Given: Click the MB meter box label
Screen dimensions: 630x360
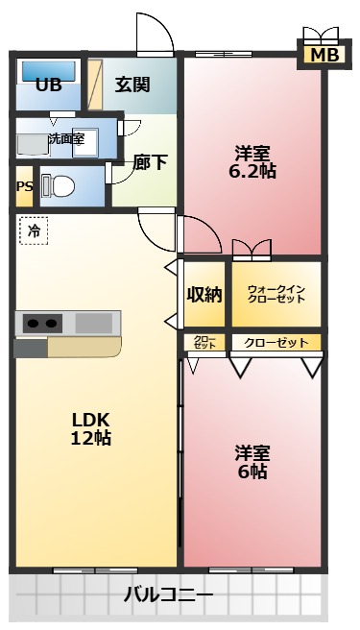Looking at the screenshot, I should [x=324, y=56].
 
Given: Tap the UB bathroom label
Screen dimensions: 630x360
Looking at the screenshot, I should [x=48, y=85].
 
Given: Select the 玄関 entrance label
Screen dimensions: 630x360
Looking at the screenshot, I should [x=132, y=85].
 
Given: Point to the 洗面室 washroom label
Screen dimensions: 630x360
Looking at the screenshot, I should [x=66, y=138].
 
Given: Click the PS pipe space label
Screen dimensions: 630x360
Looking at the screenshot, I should [x=24, y=186].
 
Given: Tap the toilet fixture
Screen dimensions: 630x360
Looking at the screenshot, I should [x=60, y=185].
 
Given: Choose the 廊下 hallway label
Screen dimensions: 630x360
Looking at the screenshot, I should [x=151, y=162].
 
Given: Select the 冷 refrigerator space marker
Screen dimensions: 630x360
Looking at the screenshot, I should [x=34, y=230].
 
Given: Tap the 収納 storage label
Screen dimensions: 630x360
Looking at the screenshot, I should [x=204, y=295].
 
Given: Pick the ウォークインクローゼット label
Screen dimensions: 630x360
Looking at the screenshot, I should [x=276, y=295].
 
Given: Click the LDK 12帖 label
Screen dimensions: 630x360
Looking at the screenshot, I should [x=90, y=429].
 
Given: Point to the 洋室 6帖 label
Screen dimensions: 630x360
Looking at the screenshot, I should [x=252, y=461].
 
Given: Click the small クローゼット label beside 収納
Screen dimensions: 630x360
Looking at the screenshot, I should [x=204, y=343].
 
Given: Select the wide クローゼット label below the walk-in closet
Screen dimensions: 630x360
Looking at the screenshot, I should [x=276, y=343].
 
